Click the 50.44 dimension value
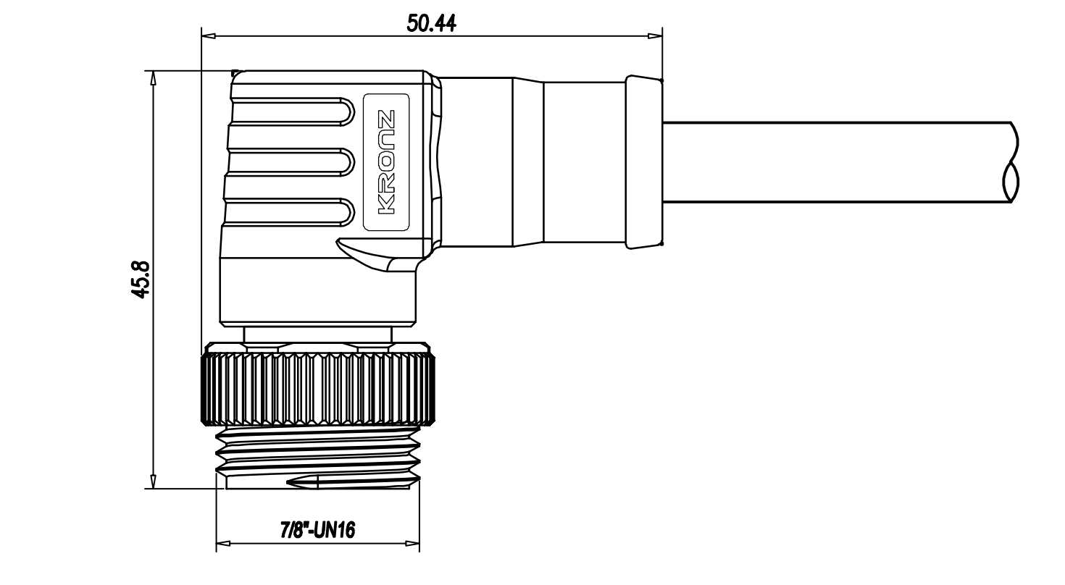click(431, 23)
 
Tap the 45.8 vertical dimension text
click(141, 279)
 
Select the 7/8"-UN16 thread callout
click(317, 530)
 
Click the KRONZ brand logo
click(386, 162)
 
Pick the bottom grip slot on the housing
click(289, 213)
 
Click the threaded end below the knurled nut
click(317, 458)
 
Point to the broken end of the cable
click(1011, 162)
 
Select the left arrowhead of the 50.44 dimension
click(209, 35)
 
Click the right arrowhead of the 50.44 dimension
click(655, 35)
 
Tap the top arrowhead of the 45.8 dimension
click(153, 78)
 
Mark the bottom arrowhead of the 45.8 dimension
click(153, 481)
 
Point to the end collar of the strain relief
click(644, 162)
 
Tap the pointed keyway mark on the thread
click(301, 482)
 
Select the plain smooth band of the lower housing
click(317, 292)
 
